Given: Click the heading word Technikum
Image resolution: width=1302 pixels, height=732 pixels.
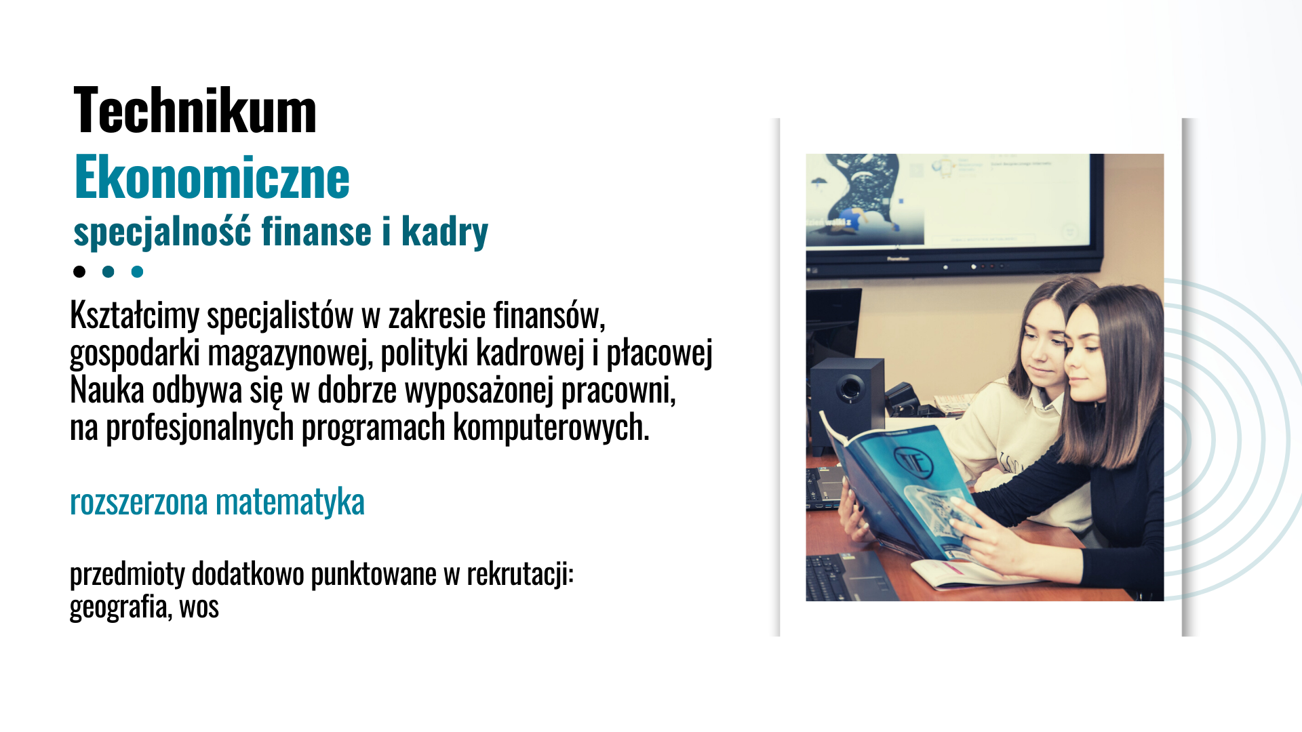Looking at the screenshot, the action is pyautogui.click(x=195, y=110).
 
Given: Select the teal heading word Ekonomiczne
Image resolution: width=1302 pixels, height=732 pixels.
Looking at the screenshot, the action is pyautogui.click(x=212, y=177).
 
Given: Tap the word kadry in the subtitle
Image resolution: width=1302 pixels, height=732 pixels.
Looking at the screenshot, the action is pyautogui.click(x=445, y=232).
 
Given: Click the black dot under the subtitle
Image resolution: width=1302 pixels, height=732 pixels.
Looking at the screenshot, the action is pyautogui.click(x=79, y=272).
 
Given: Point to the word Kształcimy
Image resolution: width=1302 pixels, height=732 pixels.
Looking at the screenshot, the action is pyautogui.click(x=134, y=315).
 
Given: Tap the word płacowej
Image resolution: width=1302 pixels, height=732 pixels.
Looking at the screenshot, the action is pyautogui.click(x=659, y=353).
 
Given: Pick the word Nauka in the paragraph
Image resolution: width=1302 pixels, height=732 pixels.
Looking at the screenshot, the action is pyautogui.click(x=107, y=390).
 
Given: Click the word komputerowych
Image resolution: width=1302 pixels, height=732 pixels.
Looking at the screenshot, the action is pyautogui.click(x=551, y=428).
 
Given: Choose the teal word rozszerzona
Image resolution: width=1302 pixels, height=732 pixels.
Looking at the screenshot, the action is pyautogui.click(x=138, y=502).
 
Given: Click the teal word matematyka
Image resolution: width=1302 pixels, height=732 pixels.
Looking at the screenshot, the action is pyautogui.click(x=290, y=502).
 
